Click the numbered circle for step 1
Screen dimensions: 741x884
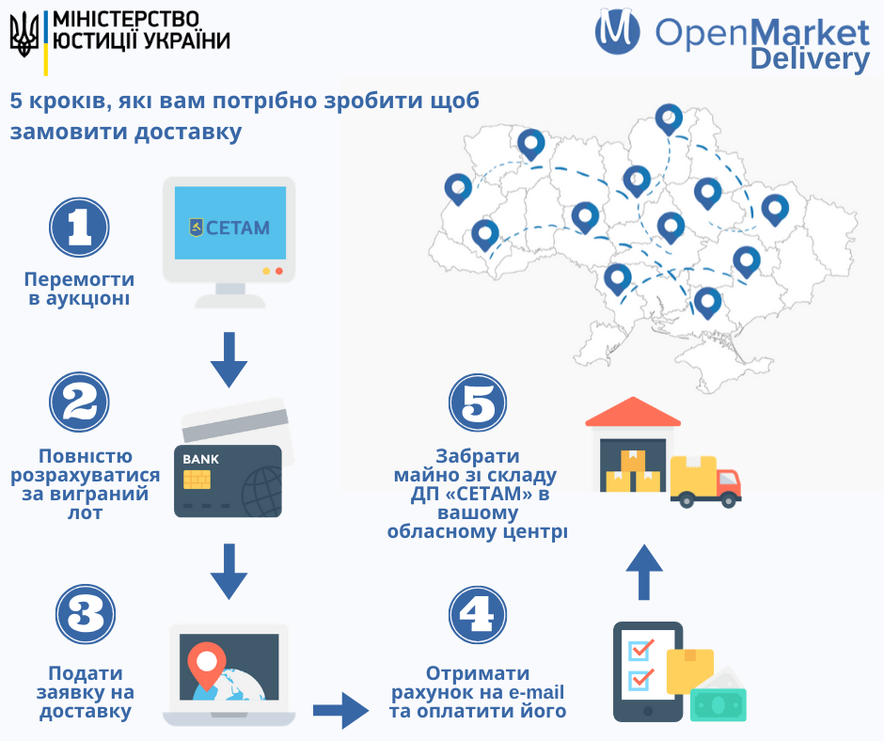click(80, 227)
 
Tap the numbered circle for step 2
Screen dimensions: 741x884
click(80, 403)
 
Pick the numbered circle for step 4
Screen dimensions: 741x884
click(479, 616)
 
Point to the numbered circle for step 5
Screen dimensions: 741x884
click(479, 403)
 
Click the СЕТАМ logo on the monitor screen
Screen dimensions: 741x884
click(229, 227)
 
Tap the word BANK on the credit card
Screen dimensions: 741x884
click(200, 459)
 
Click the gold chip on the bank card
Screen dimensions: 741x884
click(197, 480)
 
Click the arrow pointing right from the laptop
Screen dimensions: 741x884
click(340, 710)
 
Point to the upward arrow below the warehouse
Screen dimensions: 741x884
click(644, 570)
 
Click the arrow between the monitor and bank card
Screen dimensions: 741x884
click(229, 359)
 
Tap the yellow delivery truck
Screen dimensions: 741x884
click(706, 481)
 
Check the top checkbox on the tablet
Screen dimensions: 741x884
click(641, 649)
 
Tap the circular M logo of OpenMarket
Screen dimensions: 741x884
click(618, 30)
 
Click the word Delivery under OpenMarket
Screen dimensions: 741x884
click(810, 59)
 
